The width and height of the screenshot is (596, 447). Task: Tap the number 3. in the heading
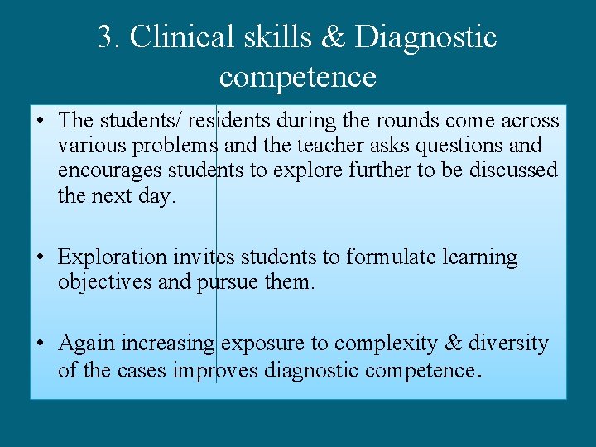[109, 37]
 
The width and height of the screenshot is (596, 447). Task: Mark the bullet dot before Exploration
[41, 258]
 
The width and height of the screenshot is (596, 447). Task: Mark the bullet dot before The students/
[41, 122]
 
